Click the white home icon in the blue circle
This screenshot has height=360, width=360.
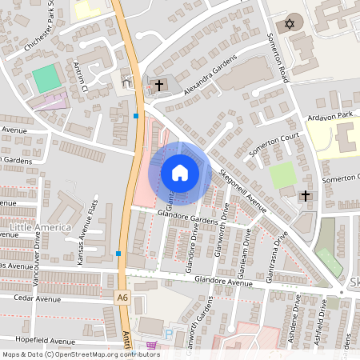[180, 172]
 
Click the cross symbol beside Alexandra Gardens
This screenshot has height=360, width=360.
[158, 85]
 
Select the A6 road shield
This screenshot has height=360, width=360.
[122, 298]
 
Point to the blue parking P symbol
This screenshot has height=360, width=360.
[167, 333]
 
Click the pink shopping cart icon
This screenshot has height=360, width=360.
[152, 345]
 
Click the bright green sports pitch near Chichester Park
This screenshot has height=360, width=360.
[47, 78]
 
